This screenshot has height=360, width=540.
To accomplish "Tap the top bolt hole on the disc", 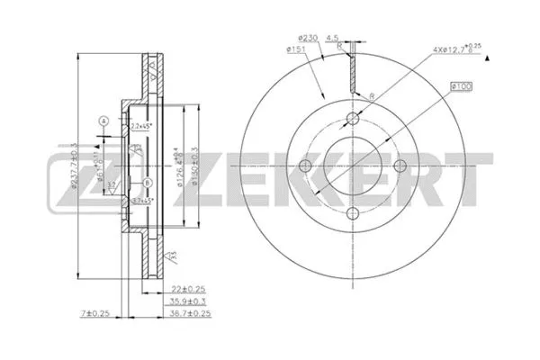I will point(352,121).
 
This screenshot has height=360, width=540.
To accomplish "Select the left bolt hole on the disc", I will point(304,165).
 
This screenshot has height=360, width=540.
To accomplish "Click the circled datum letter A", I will point(103,121).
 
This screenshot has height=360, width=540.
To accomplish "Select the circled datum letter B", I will point(146,184).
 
